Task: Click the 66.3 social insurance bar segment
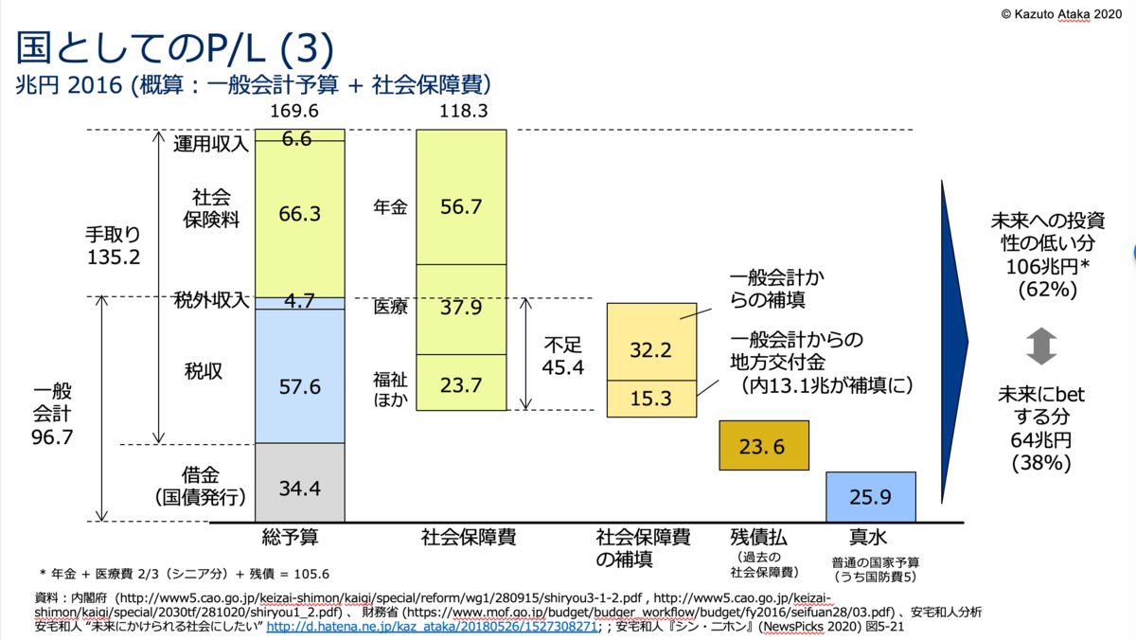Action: (x=300, y=215)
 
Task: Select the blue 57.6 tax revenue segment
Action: (x=300, y=386)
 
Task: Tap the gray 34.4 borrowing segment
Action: (x=300, y=489)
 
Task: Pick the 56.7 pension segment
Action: (x=461, y=206)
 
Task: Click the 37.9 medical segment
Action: (x=461, y=308)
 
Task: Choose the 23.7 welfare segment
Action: (x=461, y=384)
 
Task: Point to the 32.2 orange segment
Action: (x=651, y=349)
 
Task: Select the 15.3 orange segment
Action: (x=651, y=399)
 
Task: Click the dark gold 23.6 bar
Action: (x=763, y=446)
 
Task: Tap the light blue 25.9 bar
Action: (x=870, y=496)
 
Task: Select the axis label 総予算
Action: (x=290, y=538)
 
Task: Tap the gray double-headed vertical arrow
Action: (x=1040, y=347)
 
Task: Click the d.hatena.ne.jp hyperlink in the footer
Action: (x=431, y=627)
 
